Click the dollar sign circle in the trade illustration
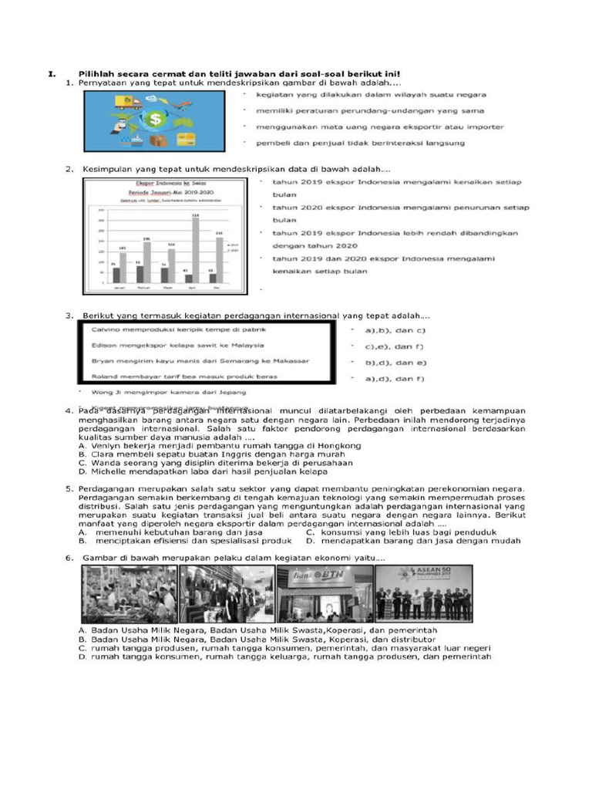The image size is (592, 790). (x=157, y=120)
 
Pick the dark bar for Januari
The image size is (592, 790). (x=113, y=275)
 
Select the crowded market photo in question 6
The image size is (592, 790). (x=129, y=594)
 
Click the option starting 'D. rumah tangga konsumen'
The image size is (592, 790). (x=285, y=657)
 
